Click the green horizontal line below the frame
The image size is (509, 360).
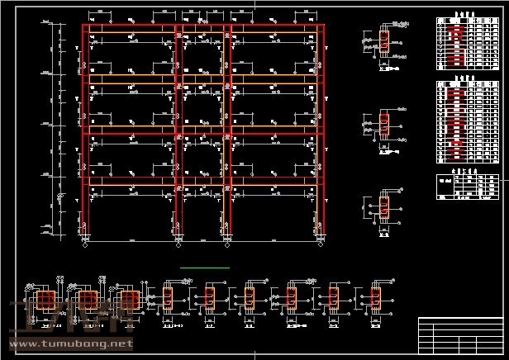point(205,268)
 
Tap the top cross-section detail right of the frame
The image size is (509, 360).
point(383,40)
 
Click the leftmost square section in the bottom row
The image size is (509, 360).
point(45,300)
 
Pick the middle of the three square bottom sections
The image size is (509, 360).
point(85,300)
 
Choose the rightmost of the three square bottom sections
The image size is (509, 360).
point(126,300)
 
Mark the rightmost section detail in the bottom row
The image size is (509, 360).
point(375,298)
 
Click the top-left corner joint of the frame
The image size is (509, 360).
point(85,26)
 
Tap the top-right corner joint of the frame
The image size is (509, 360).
point(321,26)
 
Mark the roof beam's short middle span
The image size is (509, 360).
point(203,26)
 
